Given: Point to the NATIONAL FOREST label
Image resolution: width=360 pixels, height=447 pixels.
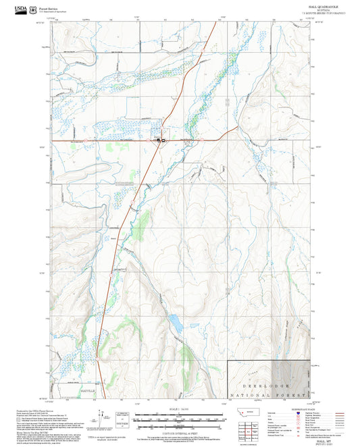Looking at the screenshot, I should pos(270,394).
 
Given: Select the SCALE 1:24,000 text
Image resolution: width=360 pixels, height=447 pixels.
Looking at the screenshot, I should pos(180,409).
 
